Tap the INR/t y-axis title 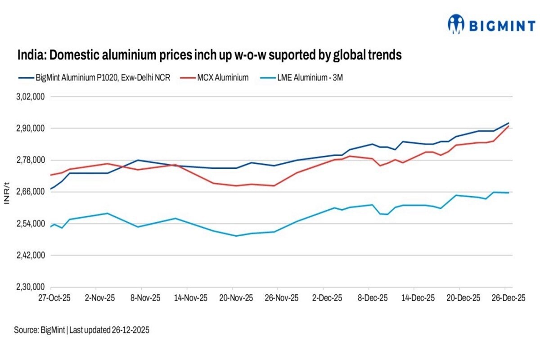pos(7,192)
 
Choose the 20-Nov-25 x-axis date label pos(233,298)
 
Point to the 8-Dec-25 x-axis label pos(369,298)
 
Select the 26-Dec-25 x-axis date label pos(505,298)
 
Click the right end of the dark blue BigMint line pos(508,123)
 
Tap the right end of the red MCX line pos(508,126)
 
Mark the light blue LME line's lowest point pos(236,236)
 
